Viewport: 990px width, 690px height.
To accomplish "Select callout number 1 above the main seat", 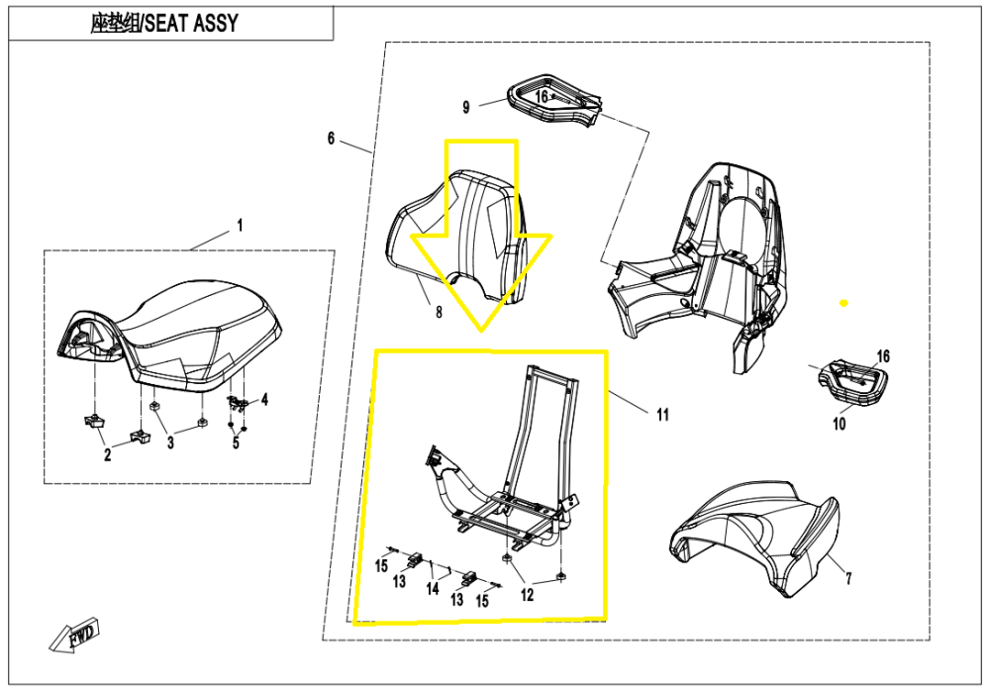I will click(239, 227).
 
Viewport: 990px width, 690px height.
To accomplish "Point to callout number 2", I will click(108, 454).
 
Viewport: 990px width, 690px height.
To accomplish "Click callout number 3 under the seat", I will click(169, 443).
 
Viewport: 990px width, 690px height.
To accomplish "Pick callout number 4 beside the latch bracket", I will click(264, 400).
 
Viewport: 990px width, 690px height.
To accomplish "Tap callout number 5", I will click(236, 443).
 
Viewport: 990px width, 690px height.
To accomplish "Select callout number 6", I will click(332, 139).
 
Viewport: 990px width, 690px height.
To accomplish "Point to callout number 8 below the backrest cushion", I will click(439, 313).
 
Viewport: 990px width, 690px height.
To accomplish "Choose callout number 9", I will click(467, 105).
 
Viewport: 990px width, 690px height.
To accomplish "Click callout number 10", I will click(839, 424).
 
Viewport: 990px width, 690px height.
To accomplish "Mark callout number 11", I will click(661, 414).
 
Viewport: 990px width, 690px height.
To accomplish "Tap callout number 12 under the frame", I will click(527, 595).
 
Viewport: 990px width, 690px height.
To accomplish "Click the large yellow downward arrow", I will click(481, 238).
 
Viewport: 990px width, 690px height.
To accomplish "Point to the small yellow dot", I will click(843, 301).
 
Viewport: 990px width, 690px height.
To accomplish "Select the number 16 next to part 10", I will click(883, 356).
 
